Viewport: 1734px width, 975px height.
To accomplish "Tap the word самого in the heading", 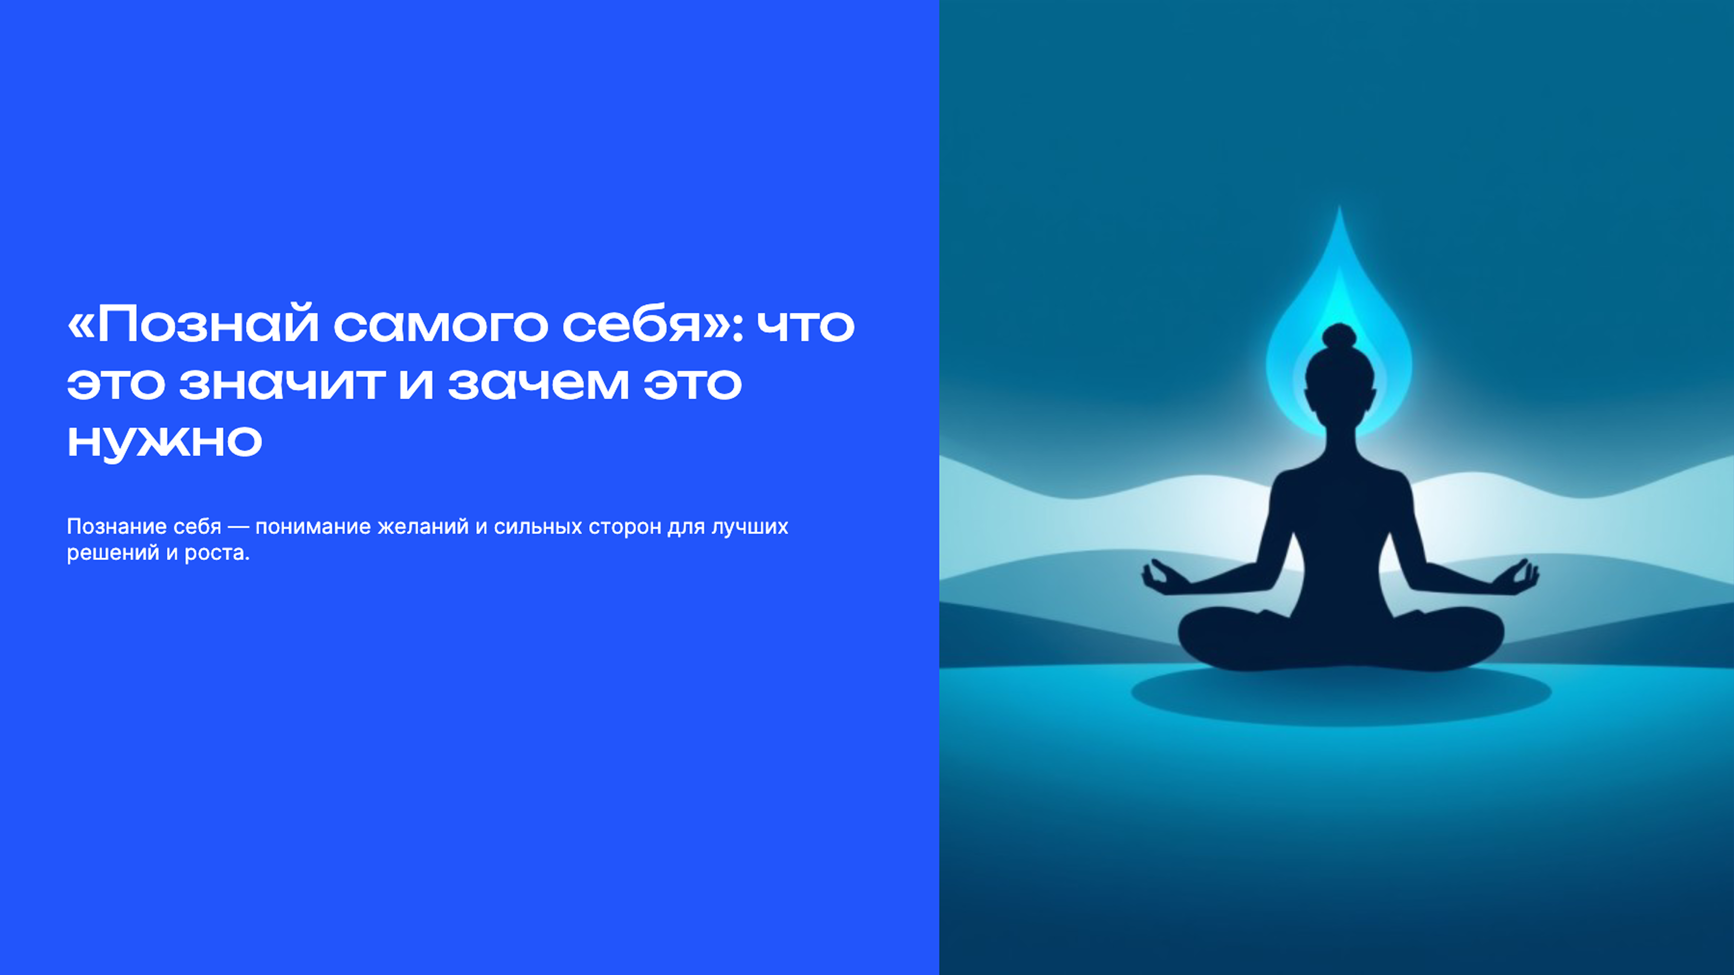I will (x=441, y=325).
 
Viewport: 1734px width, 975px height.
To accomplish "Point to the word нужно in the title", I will (x=164, y=441).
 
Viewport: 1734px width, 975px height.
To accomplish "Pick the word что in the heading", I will (x=806, y=325).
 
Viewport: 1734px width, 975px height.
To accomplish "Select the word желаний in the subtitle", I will (x=423, y=526).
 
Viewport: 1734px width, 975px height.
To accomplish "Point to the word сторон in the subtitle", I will (x=625, y=526).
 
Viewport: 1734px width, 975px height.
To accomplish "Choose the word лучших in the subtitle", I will (x=750, y=526).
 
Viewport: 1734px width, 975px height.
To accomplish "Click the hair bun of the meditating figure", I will (x=1339, y=336).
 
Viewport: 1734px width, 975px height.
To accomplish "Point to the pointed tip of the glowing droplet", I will (x=1339, y=210).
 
